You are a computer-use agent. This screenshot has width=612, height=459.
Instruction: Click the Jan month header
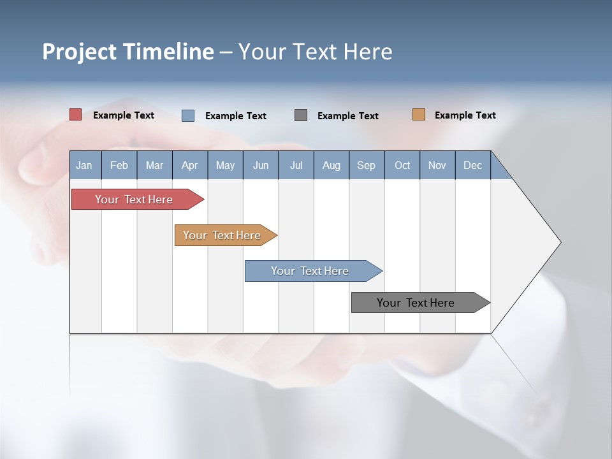[85, 165]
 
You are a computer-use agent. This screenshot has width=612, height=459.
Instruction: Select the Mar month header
[154, 165]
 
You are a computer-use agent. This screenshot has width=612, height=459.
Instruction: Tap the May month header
[225, 165]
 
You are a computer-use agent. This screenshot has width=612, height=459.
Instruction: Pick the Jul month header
[296, 165]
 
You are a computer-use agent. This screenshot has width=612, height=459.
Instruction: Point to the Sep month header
[366, 165]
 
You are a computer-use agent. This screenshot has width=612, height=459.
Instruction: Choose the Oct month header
[402, 165]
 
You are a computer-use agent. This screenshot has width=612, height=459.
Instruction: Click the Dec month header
[472, 165]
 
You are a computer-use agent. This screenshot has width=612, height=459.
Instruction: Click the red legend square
[76, 115]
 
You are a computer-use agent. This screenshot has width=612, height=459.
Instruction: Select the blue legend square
[188, 115]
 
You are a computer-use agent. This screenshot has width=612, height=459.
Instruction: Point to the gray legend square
[301, 115]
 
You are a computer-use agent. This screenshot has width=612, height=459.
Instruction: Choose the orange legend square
[419, 115]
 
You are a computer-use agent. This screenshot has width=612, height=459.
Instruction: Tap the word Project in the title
[78, 52]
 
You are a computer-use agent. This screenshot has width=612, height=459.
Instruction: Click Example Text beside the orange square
[465, 115]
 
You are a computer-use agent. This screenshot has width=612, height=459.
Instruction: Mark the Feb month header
[119, 165]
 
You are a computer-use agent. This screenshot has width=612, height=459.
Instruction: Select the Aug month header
[331, 165]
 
